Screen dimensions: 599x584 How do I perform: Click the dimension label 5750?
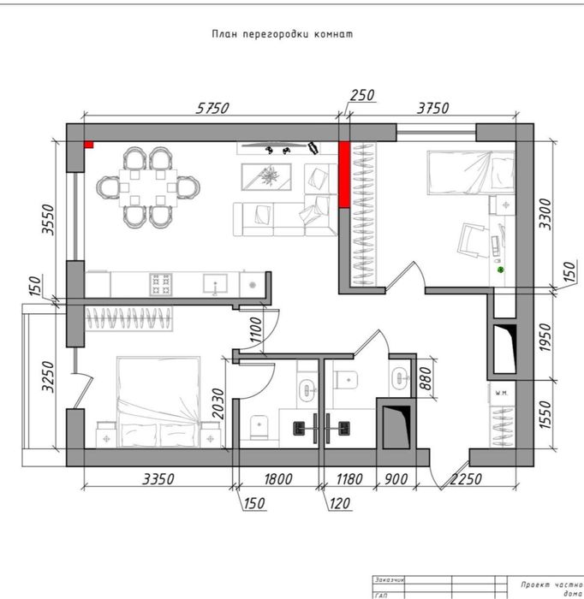coord(213,108)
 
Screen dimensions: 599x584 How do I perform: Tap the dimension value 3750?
coord(435,108)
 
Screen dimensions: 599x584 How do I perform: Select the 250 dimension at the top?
coord(362,96)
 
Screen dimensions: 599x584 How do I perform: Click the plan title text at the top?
coord(283,35)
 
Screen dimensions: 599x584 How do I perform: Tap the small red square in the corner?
coord(88,145)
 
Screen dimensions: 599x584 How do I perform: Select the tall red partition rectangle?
coord(343,175)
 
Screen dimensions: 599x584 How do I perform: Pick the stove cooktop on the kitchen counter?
coord(161,282)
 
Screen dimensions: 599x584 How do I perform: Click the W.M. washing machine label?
coord(501,393)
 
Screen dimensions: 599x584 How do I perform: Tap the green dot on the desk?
coord(502,270)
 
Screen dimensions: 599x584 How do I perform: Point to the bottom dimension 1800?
coord(277,479)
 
